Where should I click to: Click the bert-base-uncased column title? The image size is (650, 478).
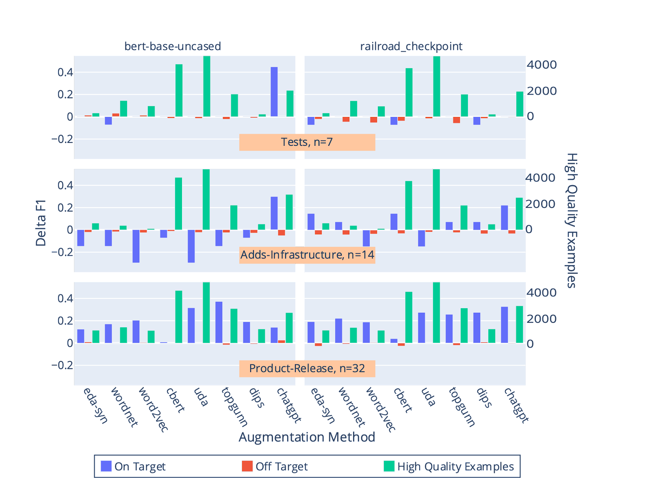pos(173,46)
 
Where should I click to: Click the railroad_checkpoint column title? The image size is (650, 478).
pos(411,46)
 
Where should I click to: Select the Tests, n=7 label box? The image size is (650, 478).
pos(307,142)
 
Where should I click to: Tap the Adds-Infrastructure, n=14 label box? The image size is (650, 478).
pos(307,255)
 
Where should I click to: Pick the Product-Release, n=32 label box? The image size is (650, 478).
pos(307,368)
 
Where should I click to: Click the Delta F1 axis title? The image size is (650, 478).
pos(41,223)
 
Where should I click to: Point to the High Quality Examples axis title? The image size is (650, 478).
pos(572,221)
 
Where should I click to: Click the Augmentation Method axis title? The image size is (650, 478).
pos(307,437)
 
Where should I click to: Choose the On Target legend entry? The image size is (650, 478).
pos(133,466)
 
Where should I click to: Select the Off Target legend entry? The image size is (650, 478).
pos(275,466)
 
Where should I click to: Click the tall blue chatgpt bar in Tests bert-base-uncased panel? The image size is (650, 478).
pos(274,92)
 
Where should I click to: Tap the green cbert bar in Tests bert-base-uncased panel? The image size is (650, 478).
pos(179,90)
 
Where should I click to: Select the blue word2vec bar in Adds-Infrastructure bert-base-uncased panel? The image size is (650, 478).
pos(136,246)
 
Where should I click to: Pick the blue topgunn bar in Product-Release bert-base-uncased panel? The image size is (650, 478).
pos(219,322)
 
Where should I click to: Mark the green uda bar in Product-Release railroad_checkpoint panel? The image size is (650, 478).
pos(436,313)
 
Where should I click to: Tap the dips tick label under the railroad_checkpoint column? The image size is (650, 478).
pos(484,398)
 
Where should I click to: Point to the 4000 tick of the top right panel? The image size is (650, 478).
pos(542,65)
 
